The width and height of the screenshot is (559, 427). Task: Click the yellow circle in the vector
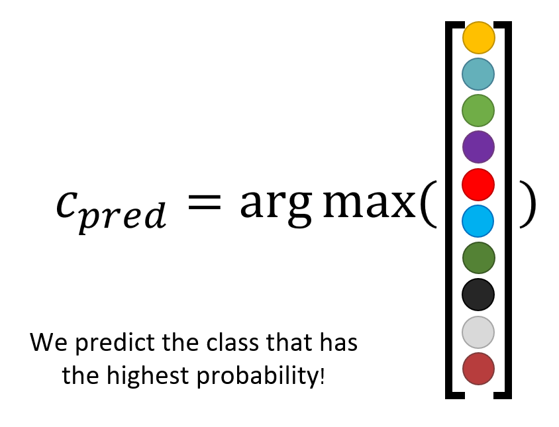pos(478,38)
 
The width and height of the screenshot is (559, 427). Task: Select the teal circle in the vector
pos(478,74)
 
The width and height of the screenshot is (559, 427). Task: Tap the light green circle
pos(478,111)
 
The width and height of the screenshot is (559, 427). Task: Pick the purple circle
pos(478,147)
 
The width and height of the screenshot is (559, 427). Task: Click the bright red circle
pos(478,184)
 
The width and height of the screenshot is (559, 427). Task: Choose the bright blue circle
pos(478,221)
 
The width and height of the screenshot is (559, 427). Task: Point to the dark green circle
pos(478,258)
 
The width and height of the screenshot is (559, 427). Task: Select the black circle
pos(478,295)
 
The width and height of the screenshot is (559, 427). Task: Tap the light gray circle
pos(478,332)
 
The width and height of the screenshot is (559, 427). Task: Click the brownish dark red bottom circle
pos(478,369)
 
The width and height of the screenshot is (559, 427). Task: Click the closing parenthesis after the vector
pos(528,204)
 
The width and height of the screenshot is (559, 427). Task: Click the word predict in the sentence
pos(115,344)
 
